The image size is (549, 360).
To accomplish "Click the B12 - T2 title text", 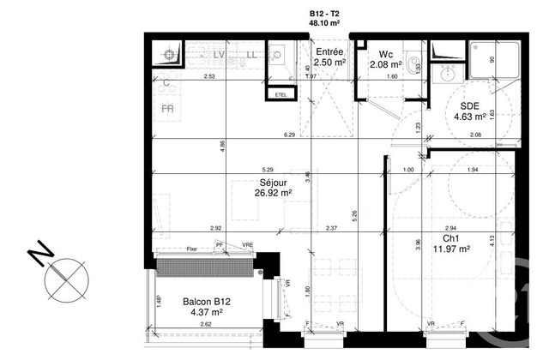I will click(325, 15).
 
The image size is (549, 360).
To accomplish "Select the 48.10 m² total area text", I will click(325, 25).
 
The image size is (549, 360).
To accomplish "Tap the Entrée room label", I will click(329, 52).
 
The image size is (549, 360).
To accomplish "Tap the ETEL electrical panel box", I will click(279, 93).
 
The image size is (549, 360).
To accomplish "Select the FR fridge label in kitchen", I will click(168, 110).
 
